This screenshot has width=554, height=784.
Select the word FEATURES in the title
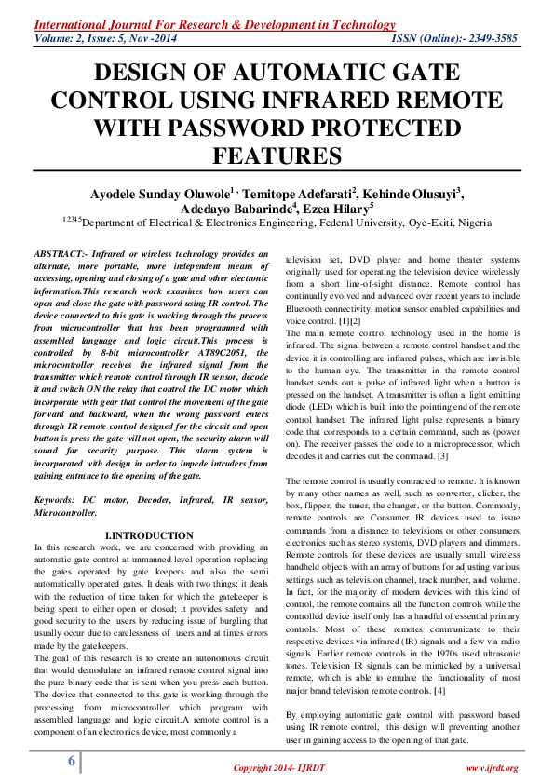pyautogui.click(x=276, y=154)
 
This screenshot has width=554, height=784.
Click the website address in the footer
pyautogui.click(x=490, y=767)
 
